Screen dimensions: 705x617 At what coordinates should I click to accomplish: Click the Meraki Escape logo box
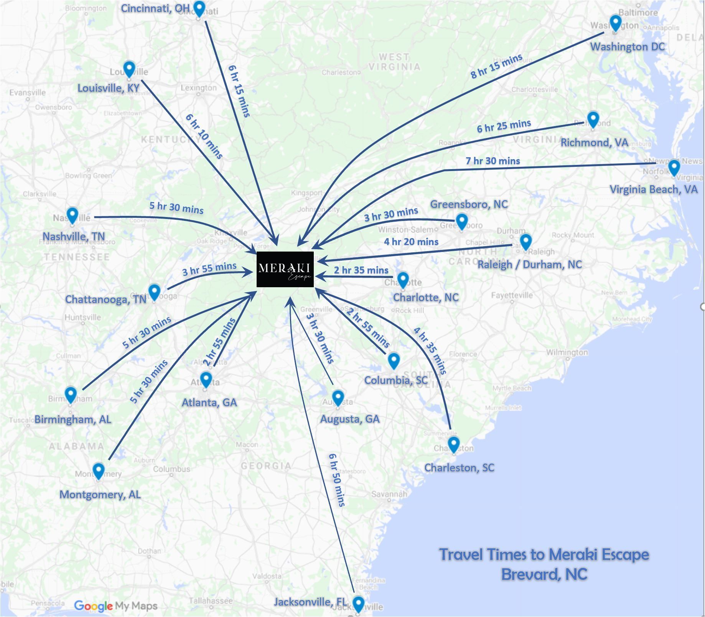(x=285, y=269)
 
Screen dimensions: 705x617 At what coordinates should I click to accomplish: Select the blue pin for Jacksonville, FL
(x=358, y=603)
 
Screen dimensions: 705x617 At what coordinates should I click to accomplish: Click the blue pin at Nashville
(x=72, y=215)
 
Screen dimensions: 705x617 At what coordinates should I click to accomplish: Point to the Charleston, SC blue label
(x=459, y=467)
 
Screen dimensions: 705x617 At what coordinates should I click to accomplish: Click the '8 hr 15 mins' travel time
(x=496, y=66)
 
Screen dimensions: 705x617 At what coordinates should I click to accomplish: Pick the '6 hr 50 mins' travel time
(x=337, y=480)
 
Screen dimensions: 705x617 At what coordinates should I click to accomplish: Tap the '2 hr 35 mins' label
(x=361, y=270)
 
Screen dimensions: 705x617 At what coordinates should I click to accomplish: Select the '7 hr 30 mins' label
(x=493, y=161)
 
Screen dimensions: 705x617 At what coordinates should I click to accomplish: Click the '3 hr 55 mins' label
(x=209, y=269)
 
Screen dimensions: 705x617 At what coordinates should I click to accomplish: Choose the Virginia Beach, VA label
(x=653, y=189)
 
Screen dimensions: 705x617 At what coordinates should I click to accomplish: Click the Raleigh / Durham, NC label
(x=529, y=264)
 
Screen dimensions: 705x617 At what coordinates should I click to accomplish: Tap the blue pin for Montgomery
(x=99, y=470)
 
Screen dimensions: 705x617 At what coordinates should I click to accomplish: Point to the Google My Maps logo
(x=115, y=606)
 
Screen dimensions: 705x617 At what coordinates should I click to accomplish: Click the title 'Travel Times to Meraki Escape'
(x=544, y=554)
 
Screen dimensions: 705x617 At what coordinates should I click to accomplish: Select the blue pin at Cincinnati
(x=199, y=8)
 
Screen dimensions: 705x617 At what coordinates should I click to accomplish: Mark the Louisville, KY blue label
(x=108, y=88)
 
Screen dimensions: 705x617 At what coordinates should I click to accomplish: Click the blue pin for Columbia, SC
(x=394, y=360)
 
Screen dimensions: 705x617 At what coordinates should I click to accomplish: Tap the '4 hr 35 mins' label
(x=430, y=350)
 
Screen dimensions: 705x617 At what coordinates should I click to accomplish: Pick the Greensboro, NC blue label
(x=469, y=204)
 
